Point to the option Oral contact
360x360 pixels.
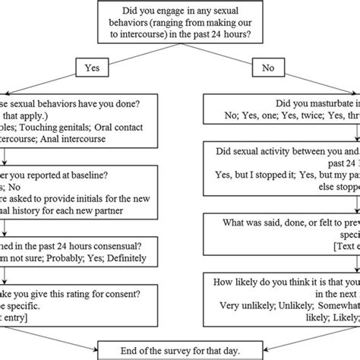(126, 127)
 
